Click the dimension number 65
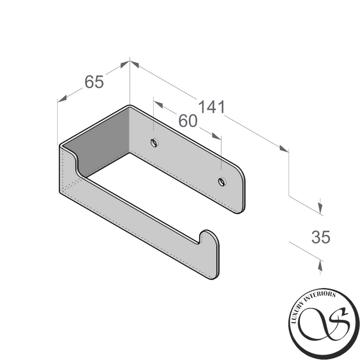point(94,82)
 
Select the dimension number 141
point(211,107)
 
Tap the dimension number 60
point(188,121)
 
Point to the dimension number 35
point(321,237)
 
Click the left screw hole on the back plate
point(154,143)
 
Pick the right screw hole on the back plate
point(222,182)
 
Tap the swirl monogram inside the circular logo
point(325,325)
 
